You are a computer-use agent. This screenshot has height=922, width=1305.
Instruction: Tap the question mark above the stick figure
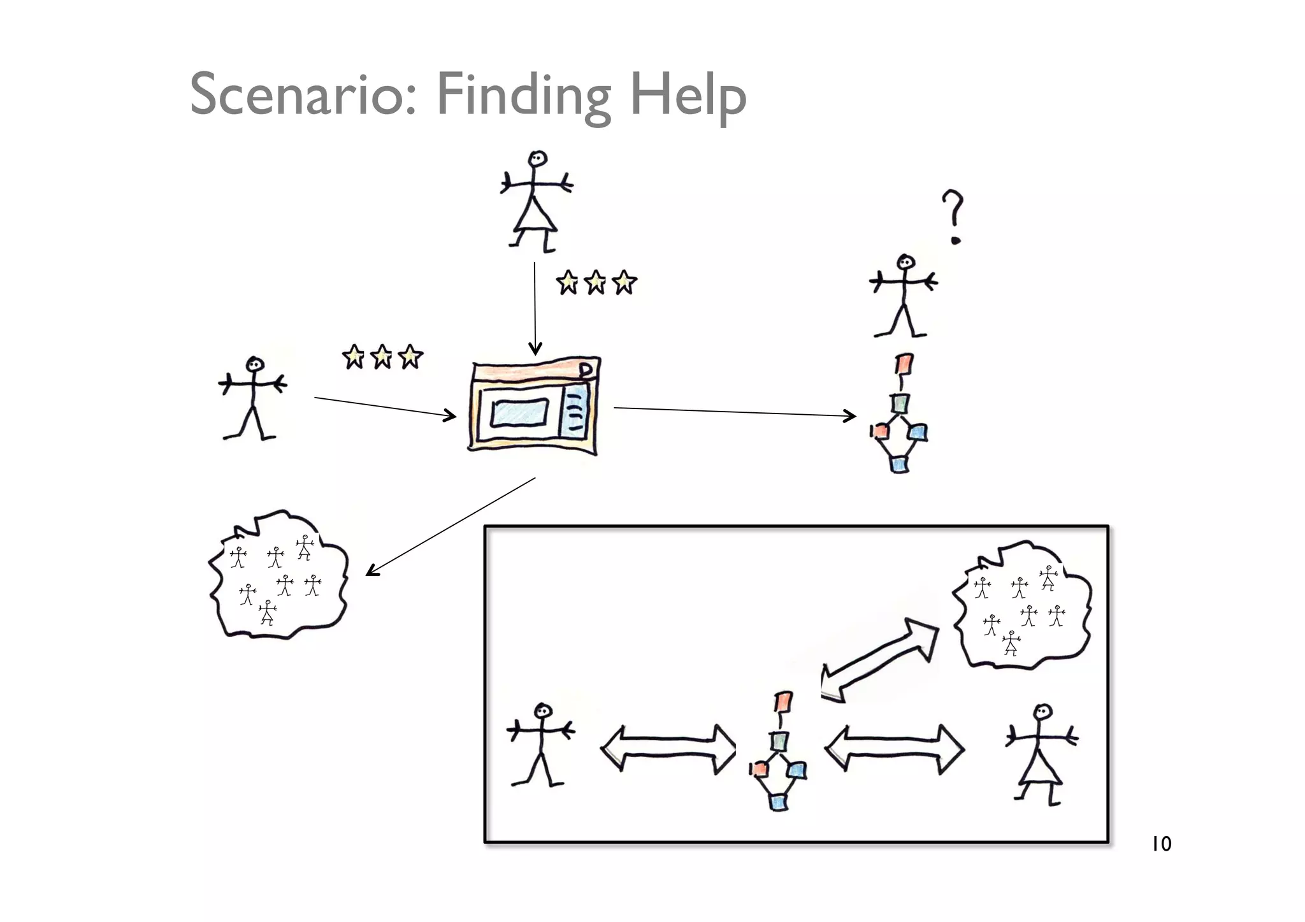coord(953,217)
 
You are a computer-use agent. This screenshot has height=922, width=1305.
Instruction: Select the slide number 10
coord(1161,844)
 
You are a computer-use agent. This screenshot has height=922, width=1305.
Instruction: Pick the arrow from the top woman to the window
coord(535,306)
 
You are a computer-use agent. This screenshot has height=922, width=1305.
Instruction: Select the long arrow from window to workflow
coord(733,412)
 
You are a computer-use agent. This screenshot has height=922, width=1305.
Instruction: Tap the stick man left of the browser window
coord(252,398)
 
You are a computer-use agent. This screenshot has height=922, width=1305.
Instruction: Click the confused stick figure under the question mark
coord(904,296)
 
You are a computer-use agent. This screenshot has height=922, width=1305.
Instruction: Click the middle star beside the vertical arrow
coord(596,282)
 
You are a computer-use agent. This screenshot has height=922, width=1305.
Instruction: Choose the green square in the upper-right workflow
coord(900,403)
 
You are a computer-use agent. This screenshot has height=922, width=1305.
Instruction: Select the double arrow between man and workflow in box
coord(668,749)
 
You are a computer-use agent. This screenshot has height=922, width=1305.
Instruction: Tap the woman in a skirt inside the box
coord(1041,755)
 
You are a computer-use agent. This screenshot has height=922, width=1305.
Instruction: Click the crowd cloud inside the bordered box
coord(1021,606)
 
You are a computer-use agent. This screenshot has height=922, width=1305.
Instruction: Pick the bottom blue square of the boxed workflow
coord(778,801)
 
